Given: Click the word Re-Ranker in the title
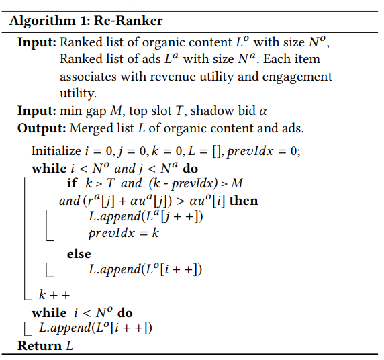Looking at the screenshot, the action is tap(128, 20).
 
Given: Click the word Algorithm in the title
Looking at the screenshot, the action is tap(42, 21).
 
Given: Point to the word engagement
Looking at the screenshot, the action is tap(297, 77).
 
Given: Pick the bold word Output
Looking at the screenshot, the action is tap(42, 128).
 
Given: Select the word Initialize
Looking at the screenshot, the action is tap(56, 150).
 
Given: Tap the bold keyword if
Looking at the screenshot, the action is tap(72, 183).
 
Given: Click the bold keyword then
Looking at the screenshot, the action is tap(244, 201).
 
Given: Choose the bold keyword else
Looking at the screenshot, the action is tap(79, 254).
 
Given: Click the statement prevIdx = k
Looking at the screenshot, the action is tap(124, 233).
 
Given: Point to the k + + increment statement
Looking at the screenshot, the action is tap(54, 294).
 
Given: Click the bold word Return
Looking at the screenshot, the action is tap(39, 345).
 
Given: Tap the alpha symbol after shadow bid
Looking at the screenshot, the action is tap(262, 111).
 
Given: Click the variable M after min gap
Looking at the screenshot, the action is tap(116, 111).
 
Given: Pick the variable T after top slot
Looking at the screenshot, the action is tap(179, 111).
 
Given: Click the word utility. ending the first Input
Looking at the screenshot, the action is tap(78, 93).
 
